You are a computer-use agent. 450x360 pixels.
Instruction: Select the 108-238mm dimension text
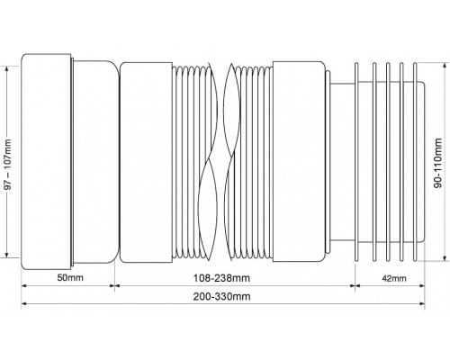(221, 278)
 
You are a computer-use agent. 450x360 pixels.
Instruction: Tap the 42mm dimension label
(394, 278)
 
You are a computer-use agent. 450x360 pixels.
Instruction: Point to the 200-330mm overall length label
(221, 297)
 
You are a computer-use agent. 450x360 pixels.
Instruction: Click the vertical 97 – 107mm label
(8, 164)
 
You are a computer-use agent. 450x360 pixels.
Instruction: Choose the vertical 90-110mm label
(438, 163)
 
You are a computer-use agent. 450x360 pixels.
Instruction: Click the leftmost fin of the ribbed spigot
(356, 162)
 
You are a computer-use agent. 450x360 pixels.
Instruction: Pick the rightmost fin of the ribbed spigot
(415, 162)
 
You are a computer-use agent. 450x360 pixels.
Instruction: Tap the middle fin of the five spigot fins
(388, 162)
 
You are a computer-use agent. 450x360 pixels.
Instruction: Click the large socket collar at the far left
(46, 161)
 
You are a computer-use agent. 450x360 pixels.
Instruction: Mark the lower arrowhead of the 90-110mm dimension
(445, 258)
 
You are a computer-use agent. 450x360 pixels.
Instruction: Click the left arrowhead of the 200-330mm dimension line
(24, 304)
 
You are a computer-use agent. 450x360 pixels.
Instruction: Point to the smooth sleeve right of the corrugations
(299, 161)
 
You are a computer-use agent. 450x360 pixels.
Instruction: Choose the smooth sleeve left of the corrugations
(146, 162)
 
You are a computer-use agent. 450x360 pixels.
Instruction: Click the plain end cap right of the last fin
(421, 161)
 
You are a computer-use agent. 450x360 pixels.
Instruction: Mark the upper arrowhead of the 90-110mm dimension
(445, 67)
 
